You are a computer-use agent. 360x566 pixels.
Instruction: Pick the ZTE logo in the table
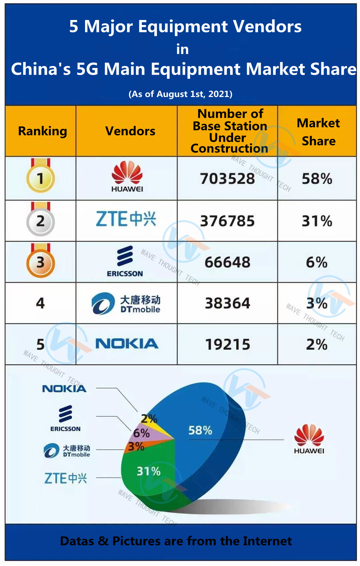(126, 219)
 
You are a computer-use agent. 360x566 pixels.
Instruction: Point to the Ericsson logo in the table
(125, 261)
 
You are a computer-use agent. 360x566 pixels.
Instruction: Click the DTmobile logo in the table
(126, 303)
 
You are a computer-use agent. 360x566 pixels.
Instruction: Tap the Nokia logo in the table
(127, 344)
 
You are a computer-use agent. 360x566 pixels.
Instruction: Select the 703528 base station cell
(227, 179)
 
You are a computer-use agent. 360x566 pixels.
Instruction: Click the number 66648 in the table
(227, 262)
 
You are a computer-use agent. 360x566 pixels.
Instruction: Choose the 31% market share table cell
(317, 221)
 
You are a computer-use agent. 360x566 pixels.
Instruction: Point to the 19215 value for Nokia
(227, 344)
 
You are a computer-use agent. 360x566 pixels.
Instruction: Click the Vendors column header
(130, 131)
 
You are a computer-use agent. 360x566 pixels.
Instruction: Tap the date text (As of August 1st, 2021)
(180, 94)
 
